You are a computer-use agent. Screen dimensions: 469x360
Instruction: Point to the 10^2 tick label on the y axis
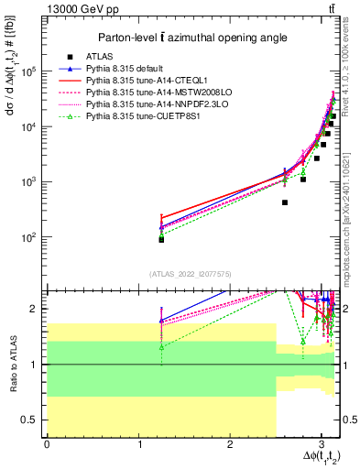pyautogui.click(x=33, y=237)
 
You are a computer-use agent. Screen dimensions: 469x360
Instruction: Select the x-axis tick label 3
pyautogui.click(x=321, y=443)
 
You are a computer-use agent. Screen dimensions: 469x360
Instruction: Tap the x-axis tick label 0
pyautogui.click(x=47, y=443)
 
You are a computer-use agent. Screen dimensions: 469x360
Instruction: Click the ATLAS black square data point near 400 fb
pyautogui.click(x=285, y=202)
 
